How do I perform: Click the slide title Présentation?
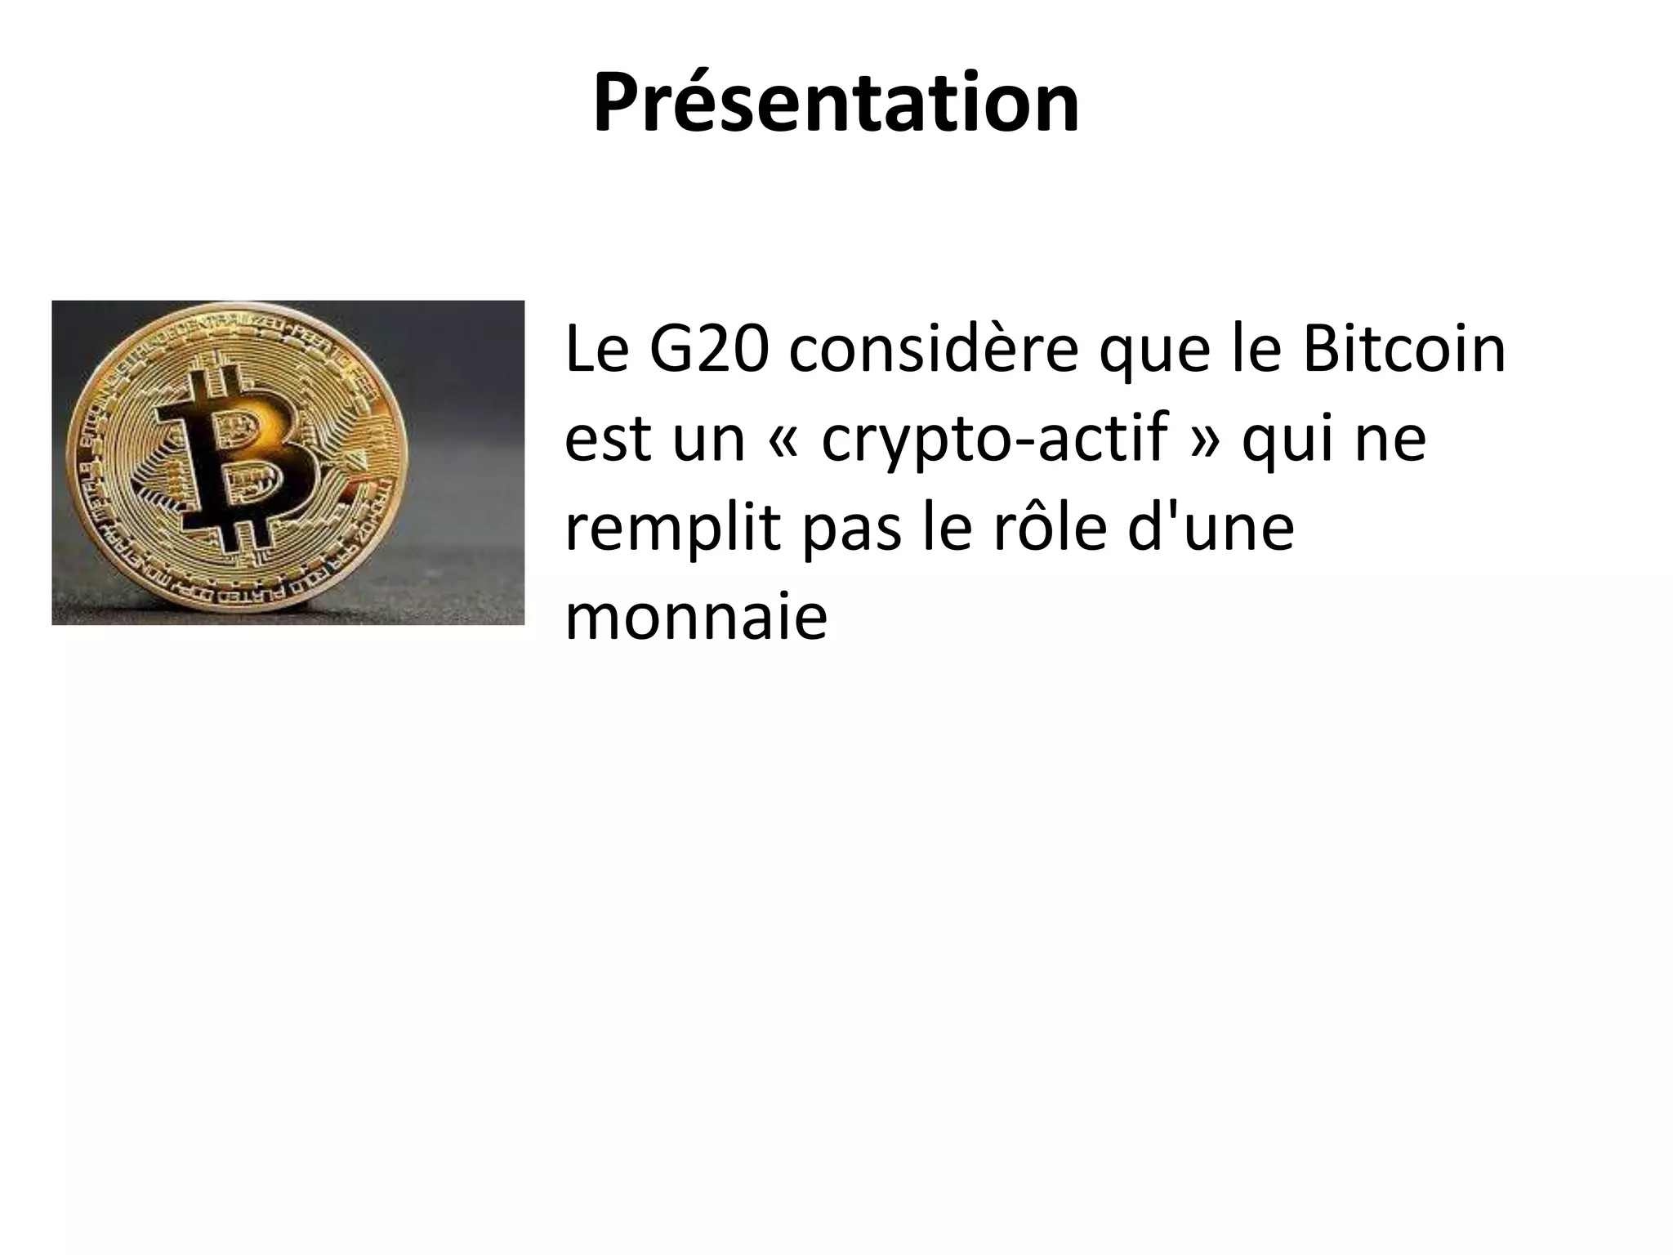point(836,105)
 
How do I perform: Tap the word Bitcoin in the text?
point(1403,350)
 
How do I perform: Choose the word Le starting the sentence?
point(596,350)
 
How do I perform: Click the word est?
point(608,440)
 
